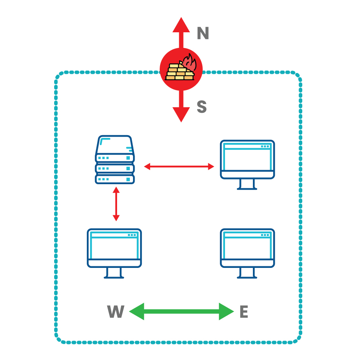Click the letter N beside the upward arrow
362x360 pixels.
[203, 34]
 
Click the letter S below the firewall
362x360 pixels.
[202, 107]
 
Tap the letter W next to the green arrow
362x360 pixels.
[116, 312]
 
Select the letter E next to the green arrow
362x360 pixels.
[244, 312]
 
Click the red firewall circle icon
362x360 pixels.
[181, 69]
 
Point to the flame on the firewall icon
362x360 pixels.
[188, 63]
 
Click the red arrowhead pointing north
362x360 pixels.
[181, 25]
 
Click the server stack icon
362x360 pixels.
[115, 159]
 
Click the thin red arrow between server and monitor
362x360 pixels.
[179, 167]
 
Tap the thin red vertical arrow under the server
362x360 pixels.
[116, 204]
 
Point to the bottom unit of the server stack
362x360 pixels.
[115, 179]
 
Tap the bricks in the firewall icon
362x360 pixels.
[178, 72]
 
